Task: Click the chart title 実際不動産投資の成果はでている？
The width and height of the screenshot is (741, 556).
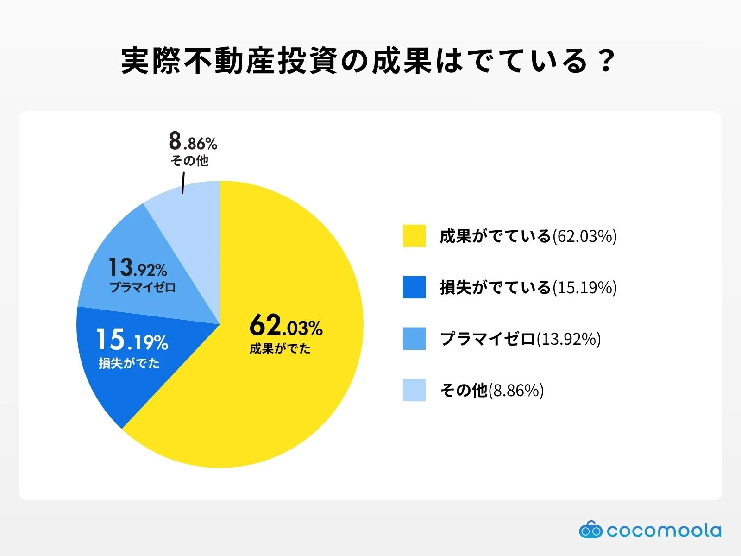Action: [x=368, y=61]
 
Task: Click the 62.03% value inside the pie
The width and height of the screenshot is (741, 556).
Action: [x=286, y=325]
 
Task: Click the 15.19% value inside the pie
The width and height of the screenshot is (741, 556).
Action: [x=132, y=340]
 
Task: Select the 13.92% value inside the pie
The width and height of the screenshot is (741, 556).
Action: [x=138, y=268]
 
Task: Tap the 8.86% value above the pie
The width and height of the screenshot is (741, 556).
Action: [x=193, y=141]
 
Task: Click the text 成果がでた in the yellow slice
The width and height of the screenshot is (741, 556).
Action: [x=280, y=348]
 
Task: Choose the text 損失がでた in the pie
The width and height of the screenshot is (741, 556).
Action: [x=129, y=363]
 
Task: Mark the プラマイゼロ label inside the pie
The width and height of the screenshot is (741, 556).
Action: [x=143, y=287]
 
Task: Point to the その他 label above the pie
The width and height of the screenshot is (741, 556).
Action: [x=189, y=161]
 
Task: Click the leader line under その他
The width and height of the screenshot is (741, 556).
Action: [x=183, y=183]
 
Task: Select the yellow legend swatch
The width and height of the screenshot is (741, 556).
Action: [x=414, y=236]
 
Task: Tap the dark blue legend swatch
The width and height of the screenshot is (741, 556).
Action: [x=414, y=287]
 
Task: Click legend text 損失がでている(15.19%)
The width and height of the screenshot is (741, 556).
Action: [x=528, y=288]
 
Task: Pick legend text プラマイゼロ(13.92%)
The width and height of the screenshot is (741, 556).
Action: [x=520, y=339]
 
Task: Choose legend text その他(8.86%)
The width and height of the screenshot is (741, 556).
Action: [x=491, y=391]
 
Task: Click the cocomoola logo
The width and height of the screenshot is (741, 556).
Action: [x=650, y=531]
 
